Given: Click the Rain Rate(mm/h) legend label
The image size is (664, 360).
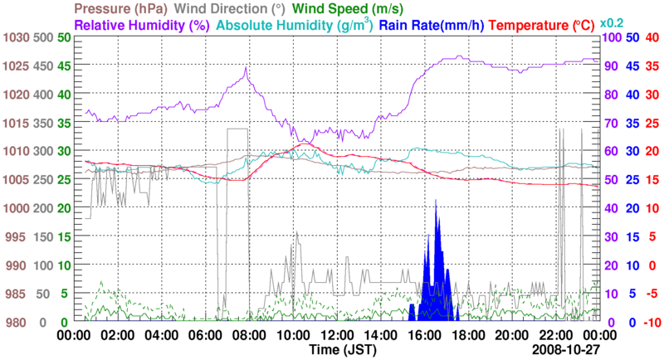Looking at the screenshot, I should click(x=432, y=25).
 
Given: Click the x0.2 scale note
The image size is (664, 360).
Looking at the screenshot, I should click(x=612, y=22).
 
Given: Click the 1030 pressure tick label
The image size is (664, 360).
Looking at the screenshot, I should click(x=15, y=38).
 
